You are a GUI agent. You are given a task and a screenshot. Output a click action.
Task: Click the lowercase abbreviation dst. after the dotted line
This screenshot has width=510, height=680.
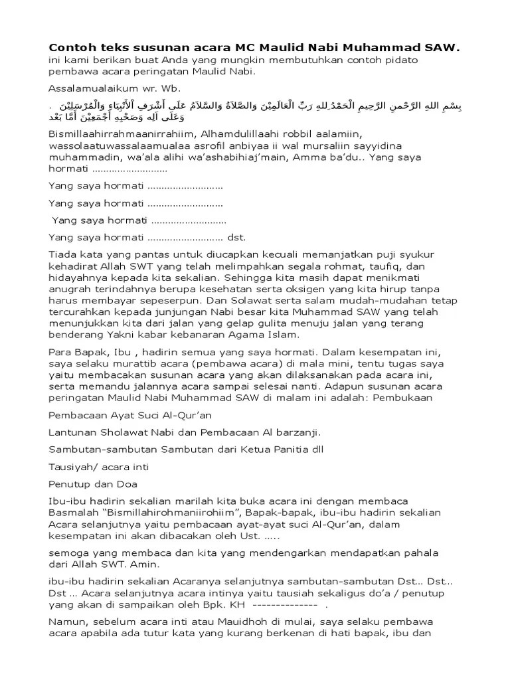(236, 236)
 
